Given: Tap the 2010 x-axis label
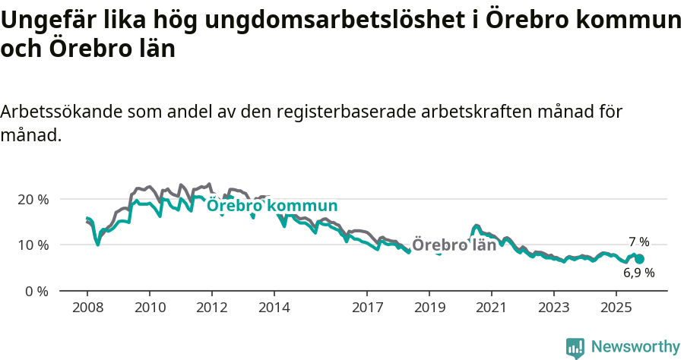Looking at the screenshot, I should pos(149,309).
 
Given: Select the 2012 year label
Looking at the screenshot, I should pos(211,309).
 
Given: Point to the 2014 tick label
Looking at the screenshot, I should pos(274,309).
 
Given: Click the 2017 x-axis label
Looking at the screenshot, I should pos(367,309).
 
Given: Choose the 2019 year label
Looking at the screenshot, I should pos(429,309).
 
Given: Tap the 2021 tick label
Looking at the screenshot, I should pos(492,309).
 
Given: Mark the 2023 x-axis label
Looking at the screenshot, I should pos(553,309).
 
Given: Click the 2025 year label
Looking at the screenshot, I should pos(616,309).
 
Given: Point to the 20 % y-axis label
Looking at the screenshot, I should pos(33,199).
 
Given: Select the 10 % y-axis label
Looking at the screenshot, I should pos(33,245).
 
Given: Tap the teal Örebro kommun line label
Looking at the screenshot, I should pos(272,206).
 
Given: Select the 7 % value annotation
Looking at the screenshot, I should pos(638,242).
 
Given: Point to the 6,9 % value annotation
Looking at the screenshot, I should pos(638,273).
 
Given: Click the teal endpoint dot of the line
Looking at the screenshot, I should pos(639,259).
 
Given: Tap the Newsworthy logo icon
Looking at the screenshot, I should pos(575,348).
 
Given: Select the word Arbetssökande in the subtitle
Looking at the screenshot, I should pos(62,112).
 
